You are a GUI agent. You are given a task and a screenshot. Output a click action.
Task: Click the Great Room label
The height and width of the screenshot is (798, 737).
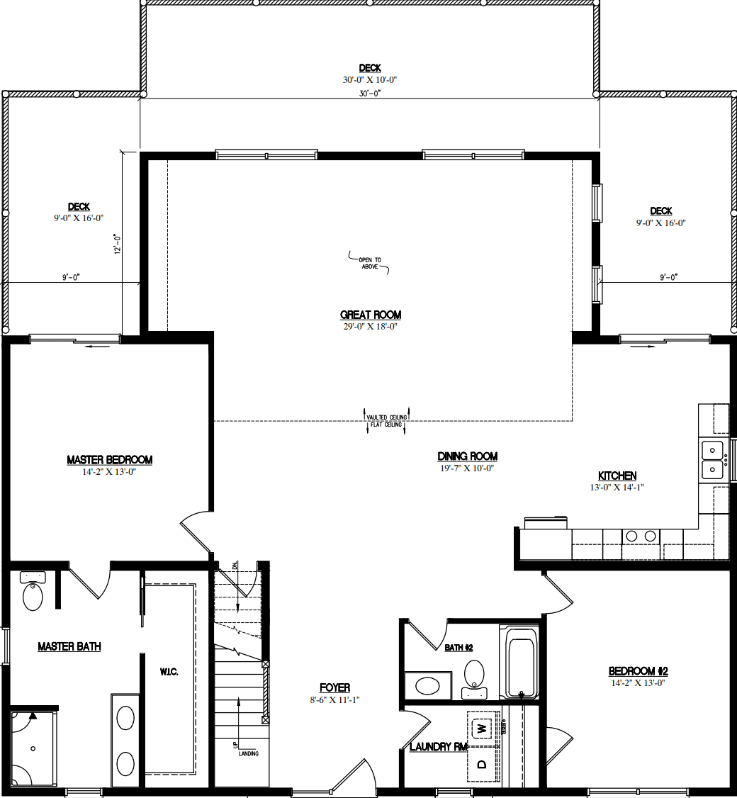tap(370, 315)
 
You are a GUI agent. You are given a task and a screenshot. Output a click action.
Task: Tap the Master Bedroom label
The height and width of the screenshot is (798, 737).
tap(109, 460)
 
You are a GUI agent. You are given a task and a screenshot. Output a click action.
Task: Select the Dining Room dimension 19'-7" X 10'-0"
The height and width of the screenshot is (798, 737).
tap(466, 468)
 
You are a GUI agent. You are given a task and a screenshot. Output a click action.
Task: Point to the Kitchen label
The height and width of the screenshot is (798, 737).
tap(617, 476)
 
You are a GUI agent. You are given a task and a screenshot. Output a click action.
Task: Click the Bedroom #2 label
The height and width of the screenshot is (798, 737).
tap(638, 671)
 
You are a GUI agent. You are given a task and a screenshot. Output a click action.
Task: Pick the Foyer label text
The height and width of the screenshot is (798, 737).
tap(334, 687)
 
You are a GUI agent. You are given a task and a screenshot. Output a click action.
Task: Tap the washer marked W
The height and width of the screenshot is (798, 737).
tap(482, 728)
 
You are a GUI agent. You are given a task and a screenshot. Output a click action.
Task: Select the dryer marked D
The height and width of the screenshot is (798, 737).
tap(482, 764)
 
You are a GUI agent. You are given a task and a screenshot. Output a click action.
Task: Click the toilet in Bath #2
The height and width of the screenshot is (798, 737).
tap(473, 675)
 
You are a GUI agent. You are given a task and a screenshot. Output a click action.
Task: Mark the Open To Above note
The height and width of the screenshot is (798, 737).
tap(369, 264)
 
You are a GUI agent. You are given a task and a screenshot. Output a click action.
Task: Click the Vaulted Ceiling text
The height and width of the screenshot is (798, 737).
tap(386, 417)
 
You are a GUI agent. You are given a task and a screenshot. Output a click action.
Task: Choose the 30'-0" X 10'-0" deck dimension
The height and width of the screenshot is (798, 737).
tap(369, 80)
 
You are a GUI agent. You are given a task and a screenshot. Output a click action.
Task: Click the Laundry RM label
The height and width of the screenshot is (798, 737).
tap(439, 746)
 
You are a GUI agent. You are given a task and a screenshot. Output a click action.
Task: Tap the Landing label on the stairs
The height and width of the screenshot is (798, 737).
tap(248, 753)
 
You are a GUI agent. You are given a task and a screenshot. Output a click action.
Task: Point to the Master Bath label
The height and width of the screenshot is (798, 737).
tap(69, 646)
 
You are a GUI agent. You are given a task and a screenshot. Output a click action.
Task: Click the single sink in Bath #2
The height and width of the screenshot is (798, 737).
tap(427, 685)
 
